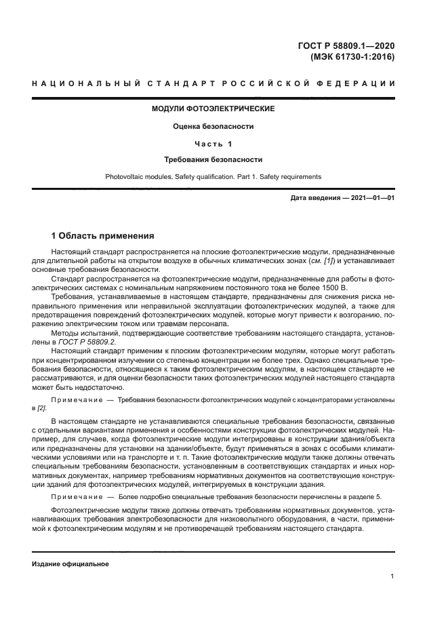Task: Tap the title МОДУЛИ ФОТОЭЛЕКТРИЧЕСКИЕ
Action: click(x=213, y=108)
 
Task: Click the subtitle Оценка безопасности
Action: click(x=213, y=126)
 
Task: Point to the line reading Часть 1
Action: click(x=213, y=144)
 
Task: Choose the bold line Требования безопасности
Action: click(x=213, y=160)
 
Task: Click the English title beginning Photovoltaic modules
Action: click(x=213, y=177)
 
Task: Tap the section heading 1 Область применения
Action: click(x=103, y=236)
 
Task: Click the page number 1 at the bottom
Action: click(x=392, y=576)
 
